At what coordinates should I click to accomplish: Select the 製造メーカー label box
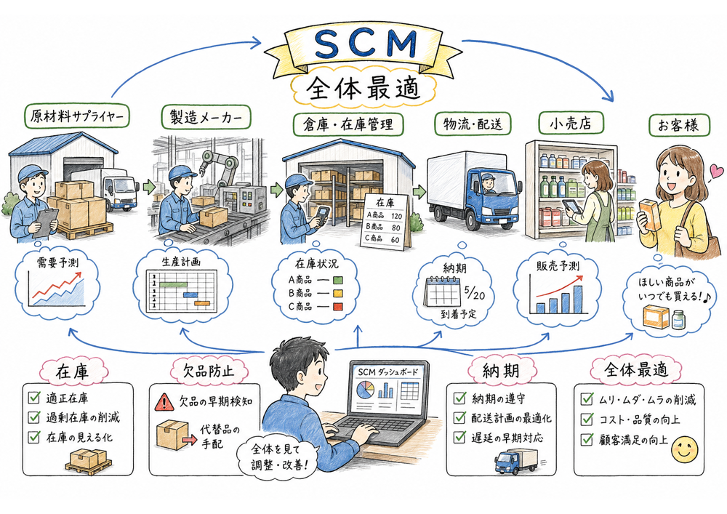[206, 116]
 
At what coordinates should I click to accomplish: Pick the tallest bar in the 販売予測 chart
[577, 298]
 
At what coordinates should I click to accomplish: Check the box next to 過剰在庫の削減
[33, 417]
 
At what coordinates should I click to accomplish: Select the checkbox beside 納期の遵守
[459, 398]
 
